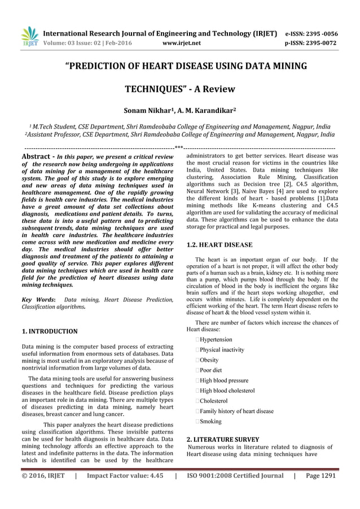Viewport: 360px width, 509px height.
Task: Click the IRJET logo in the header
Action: click(29, 36)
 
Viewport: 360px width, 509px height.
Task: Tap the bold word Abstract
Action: click(37, 155)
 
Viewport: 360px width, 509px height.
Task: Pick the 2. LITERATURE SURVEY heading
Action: click(222, 438)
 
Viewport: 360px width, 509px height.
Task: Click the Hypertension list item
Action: click(214, 339)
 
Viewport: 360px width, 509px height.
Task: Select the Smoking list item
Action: click(209, 421)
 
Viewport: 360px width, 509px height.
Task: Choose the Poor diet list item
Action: click(210, 370)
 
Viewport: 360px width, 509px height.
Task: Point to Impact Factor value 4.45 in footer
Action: click(125, 476)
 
